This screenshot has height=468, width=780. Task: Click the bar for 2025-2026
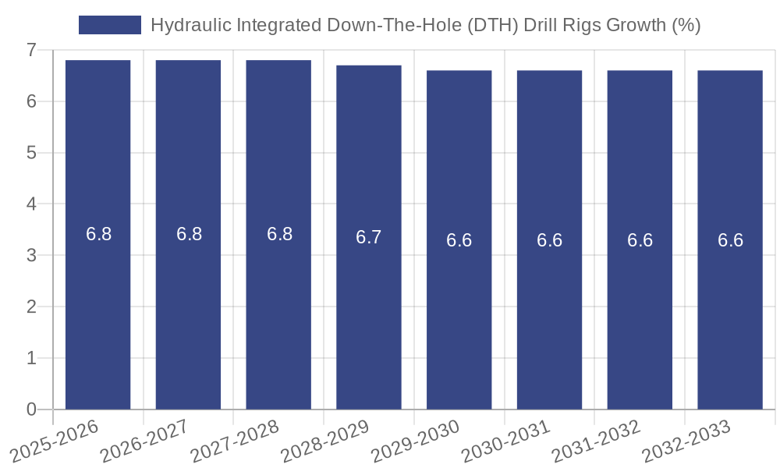[97, 234]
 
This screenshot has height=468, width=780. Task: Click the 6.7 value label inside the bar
[369, 237]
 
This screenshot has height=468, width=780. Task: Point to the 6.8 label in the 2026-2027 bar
[189, 234]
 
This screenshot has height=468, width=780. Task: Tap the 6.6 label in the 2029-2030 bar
[459, 240]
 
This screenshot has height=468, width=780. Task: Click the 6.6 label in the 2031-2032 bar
[640, 240]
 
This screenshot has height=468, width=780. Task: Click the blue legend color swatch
[110, 25]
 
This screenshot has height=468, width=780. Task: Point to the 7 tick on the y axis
[31, 50]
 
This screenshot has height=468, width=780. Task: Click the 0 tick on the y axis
[31, 409]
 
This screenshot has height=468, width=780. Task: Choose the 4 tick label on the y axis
[31, 204]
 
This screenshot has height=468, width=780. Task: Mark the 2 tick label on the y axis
[31, 307]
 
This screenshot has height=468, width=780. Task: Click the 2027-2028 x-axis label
[234, 441]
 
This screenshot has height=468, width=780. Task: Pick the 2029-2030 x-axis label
[414, 441]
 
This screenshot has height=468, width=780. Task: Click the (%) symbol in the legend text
[686, 25]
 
